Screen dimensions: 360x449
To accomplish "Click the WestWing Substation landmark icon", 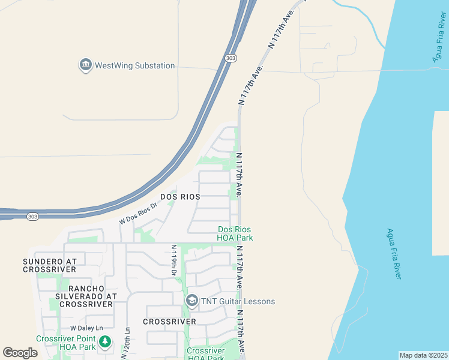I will tap(85, 65).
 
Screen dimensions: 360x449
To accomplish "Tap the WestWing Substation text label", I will tap(135, 65).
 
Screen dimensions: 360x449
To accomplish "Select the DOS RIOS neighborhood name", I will tap(180, 196).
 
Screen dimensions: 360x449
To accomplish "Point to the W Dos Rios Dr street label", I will tap(138, 214).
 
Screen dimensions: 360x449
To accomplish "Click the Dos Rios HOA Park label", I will tap(235, 233).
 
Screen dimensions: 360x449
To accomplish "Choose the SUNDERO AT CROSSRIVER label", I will tap(50, 265).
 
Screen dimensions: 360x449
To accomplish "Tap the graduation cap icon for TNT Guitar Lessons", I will tap(192, 301).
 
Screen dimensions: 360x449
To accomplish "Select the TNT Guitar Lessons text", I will tap(238, 301).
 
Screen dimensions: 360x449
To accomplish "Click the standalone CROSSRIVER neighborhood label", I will tap(170, 322).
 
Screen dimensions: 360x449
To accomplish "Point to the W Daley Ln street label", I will tap(86, 328).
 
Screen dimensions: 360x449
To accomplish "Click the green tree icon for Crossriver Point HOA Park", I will tap(106, 342).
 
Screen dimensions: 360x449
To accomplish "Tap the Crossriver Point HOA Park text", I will tap(66, 343).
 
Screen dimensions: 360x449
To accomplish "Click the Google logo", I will tap(20, 353).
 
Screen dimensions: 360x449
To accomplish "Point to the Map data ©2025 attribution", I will tap(423, 355).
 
